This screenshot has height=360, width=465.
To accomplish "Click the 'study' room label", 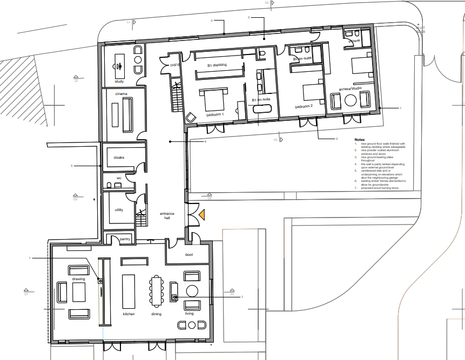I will point(119,81).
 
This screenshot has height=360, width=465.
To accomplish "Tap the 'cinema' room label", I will point(121,94).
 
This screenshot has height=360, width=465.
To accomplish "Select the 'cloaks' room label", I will point(119,157).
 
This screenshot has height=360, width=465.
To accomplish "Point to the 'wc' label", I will point(119,178).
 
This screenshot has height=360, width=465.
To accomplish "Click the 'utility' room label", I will point(119,210).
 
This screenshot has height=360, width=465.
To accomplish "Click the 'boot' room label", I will point(189,254).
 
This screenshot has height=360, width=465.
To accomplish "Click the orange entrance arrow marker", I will point(201,215).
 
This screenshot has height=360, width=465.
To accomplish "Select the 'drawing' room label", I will point(79,279).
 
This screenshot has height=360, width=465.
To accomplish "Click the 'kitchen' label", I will point(128,314).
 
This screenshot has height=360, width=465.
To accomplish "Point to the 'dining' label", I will point(157,314).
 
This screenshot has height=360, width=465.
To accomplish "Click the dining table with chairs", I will point(157,291).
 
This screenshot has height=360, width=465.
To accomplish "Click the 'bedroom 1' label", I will point(214,116).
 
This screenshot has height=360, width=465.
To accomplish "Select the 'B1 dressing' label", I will point(217,65).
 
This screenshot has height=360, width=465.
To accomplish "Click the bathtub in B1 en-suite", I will point(263,108).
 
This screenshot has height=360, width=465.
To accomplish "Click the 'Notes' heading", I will point(360,139).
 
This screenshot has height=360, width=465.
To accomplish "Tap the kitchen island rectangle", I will point(129,291).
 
